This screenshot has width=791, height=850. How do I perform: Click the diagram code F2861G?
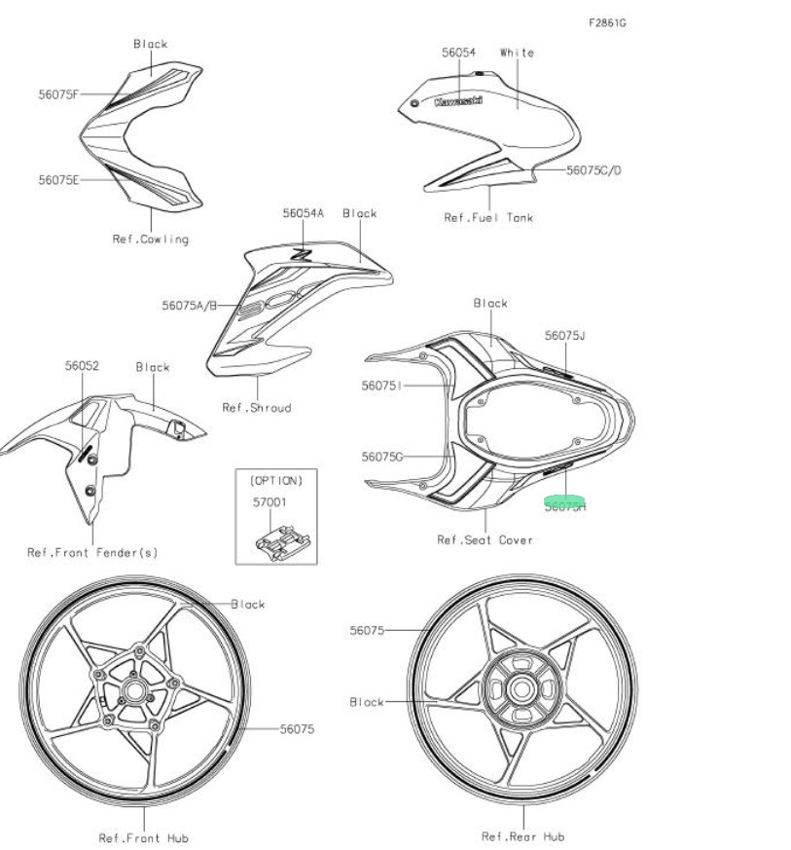606,21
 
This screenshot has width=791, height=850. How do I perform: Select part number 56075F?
59,94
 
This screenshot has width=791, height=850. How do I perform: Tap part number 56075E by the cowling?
59,180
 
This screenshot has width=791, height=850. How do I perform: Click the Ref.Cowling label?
150,239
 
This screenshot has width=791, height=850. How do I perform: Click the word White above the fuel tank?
517,53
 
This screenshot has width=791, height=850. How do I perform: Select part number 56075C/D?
593,170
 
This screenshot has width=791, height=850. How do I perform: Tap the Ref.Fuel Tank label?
488,218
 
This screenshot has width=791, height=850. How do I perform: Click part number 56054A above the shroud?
304,213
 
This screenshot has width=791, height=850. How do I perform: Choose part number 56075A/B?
189,306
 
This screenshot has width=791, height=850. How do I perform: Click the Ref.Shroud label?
256,408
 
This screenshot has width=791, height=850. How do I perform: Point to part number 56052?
82,366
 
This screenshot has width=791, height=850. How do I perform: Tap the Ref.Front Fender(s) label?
92,553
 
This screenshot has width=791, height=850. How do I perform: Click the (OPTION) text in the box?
276,481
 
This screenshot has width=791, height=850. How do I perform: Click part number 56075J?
565,336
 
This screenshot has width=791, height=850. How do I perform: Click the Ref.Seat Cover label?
485,539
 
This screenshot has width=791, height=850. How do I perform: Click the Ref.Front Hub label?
143,837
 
